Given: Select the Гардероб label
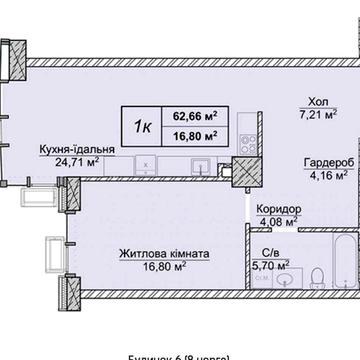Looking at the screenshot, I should [323, 166].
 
